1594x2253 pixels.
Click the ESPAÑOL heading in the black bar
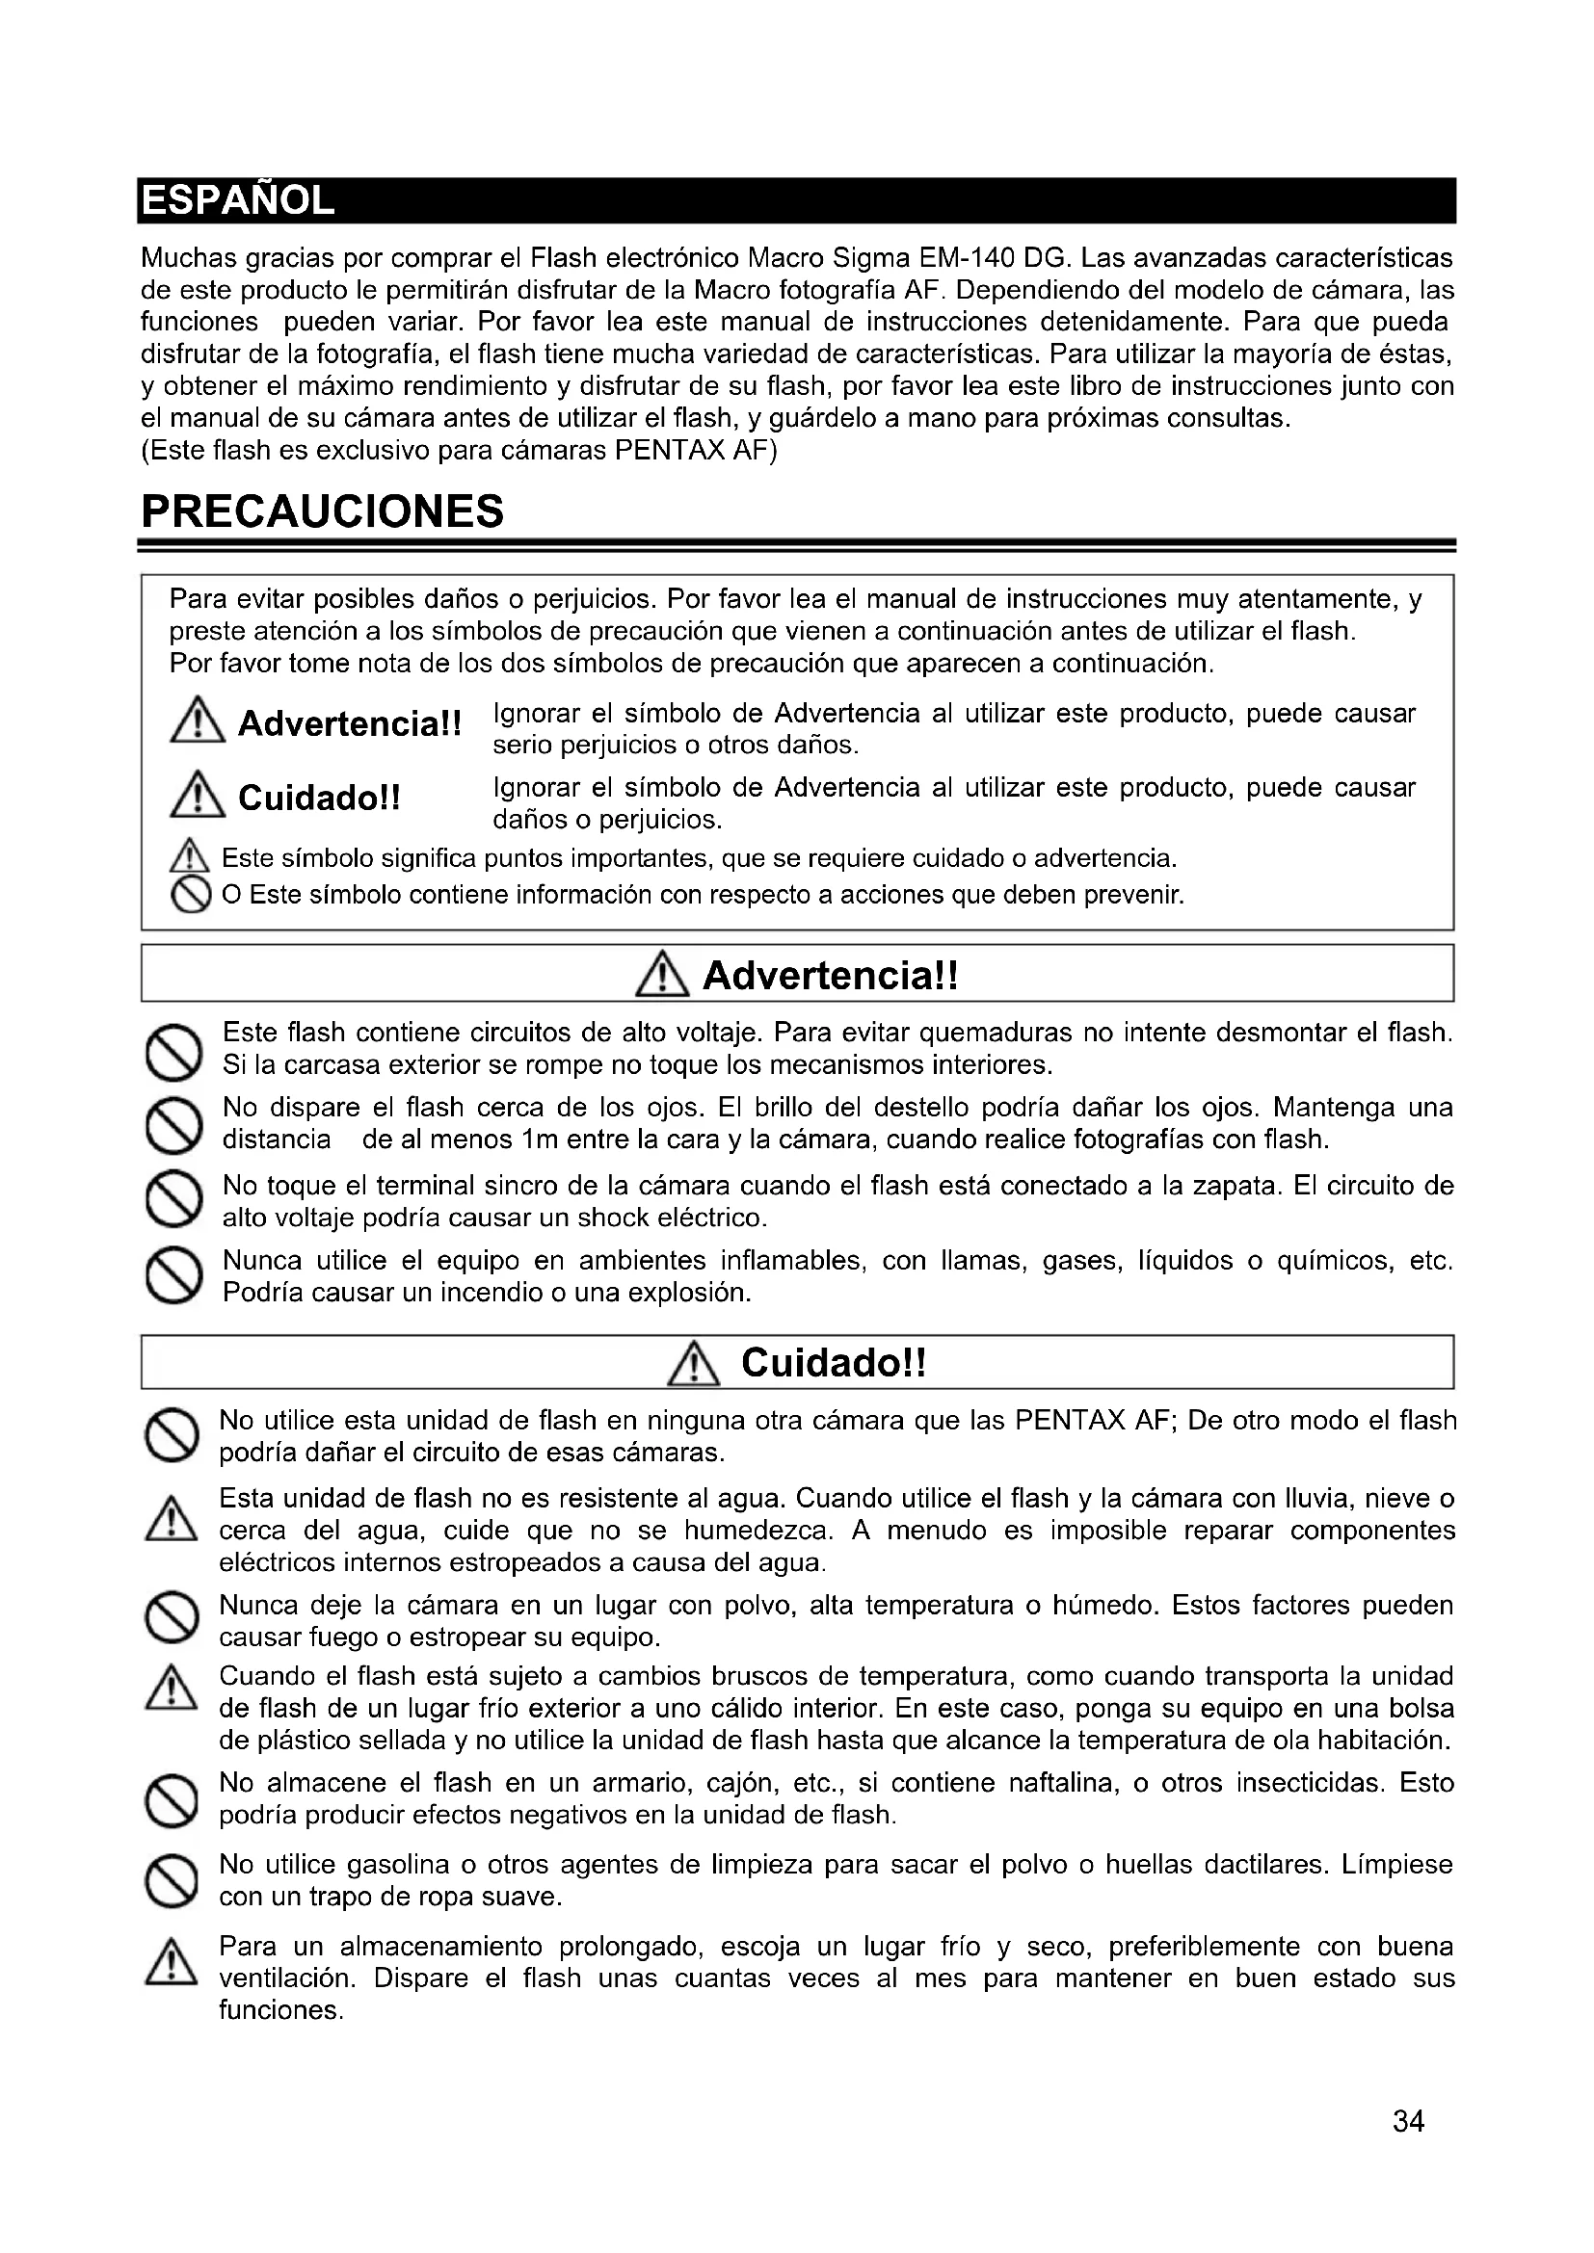[x=238, y=201]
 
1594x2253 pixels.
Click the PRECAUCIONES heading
[x=322, y=511]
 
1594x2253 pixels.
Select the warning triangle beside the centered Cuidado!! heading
[x=693, y=1365]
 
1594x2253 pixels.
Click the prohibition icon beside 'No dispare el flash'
[x=173, y=1125]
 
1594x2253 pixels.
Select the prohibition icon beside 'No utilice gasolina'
[x=172, y=1880]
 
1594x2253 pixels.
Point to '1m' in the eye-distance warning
[x=540, y=1140]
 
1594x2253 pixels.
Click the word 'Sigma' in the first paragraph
[x=870, y=258]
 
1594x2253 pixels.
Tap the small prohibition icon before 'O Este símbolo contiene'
[x=191, y=896]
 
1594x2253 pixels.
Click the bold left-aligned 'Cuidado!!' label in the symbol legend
[x=319, y=798]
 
